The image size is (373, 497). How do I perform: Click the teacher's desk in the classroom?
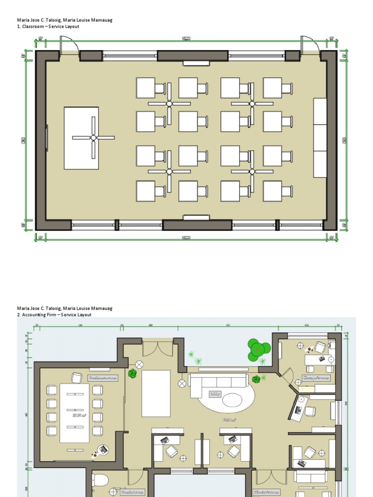[81, 138]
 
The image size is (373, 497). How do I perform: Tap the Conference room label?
[103, 377]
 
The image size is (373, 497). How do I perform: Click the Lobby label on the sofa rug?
[215, 394]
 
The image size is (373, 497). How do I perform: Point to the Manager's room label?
[316, 377]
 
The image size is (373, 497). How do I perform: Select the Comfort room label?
[133, 492]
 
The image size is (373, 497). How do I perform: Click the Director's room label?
[267, 492]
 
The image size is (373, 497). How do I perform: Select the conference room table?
[74, 413]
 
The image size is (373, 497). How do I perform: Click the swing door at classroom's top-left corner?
[68, 47]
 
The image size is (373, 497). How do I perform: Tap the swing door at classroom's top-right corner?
[309, 46]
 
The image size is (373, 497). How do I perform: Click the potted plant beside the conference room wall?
[132, 373]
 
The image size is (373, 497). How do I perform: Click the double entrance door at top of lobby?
[157, 349]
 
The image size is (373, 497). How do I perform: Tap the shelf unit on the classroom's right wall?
[320, 138]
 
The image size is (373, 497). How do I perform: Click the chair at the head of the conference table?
[77, 377]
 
